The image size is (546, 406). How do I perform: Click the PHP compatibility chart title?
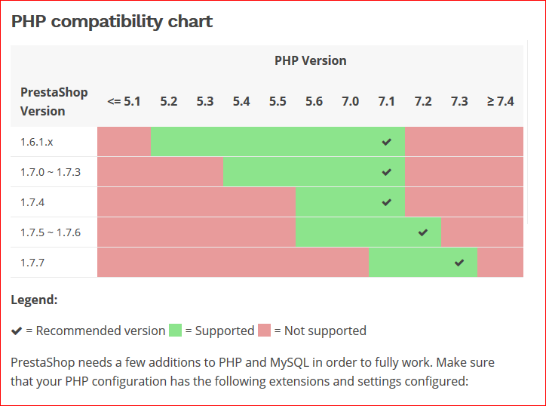(112, 21)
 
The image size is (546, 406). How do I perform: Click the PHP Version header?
(310, 60)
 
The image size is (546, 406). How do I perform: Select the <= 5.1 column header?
(124, 100)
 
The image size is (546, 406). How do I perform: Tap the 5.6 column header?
(314, 100)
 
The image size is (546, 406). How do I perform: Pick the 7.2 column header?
(423, 100)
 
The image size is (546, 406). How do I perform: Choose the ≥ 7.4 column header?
(500, 100)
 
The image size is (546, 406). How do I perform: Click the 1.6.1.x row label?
(38, 142)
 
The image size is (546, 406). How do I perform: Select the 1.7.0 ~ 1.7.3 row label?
(51, 172)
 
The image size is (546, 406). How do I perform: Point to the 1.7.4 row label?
(32, 202)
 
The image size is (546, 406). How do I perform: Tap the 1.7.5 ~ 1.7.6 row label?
(51, 232)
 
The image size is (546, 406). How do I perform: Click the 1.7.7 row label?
(32, 263)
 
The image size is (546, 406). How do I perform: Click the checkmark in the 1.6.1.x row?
(387, 142)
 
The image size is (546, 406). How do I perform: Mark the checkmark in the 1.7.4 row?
(387, 202)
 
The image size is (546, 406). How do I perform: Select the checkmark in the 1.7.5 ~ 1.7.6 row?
(423, 232)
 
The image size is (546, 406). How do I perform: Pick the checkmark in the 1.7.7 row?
(459, 263)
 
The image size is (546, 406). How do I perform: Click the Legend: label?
(34, 300)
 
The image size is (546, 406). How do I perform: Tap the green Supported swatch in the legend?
(176, 330)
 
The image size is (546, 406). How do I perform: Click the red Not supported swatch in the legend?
(264, 330)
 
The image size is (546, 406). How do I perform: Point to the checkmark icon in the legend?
(17, 331)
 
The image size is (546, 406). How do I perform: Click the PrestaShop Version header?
(54, 101)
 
